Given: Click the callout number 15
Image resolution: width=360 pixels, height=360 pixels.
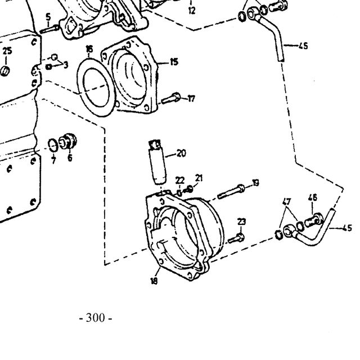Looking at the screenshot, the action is (x=174, y=62).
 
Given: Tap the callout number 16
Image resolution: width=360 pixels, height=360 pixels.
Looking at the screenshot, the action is (x=89, y=49).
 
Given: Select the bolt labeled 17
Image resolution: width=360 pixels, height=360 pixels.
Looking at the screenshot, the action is (x=171, y=99).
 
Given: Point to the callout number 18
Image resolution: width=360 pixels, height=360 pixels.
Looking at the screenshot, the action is (x=154, y=281).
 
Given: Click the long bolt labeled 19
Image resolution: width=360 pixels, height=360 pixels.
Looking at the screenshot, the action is (x=231, y=191).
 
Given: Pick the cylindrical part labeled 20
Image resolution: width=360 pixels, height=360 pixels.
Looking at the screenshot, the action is (x=157, y=163).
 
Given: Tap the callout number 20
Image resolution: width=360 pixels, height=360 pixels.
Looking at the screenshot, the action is (x=181, y=153).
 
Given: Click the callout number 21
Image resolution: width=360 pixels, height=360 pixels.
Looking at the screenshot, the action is (x=199, y=178).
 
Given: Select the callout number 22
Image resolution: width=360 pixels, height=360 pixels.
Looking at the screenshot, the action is (x=180, y=181).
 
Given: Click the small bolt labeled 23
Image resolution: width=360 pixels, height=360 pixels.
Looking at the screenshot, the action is (x=236, y=238).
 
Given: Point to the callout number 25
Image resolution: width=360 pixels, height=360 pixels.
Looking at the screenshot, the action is (x=7, y=51).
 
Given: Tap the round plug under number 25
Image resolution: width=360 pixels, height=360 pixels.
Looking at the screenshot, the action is (x=5, y=71).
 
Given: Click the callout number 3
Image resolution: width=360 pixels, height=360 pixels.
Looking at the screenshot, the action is (x=66, y=65).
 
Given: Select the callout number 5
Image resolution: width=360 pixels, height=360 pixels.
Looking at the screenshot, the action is (x=48, y=17).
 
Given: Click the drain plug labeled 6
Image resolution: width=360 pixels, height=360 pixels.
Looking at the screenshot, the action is (x=67, y=141).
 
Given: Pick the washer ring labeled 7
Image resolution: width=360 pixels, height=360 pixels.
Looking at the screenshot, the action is (x=53, y=145).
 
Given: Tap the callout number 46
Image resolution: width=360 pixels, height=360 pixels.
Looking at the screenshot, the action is (x=313, y=198).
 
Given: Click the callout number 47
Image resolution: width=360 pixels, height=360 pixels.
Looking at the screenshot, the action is (x=286, y=201).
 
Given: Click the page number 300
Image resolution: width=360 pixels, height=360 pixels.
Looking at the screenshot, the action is (x=95, y=318).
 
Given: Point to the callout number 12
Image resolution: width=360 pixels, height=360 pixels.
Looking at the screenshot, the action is (x=192, y=11).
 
